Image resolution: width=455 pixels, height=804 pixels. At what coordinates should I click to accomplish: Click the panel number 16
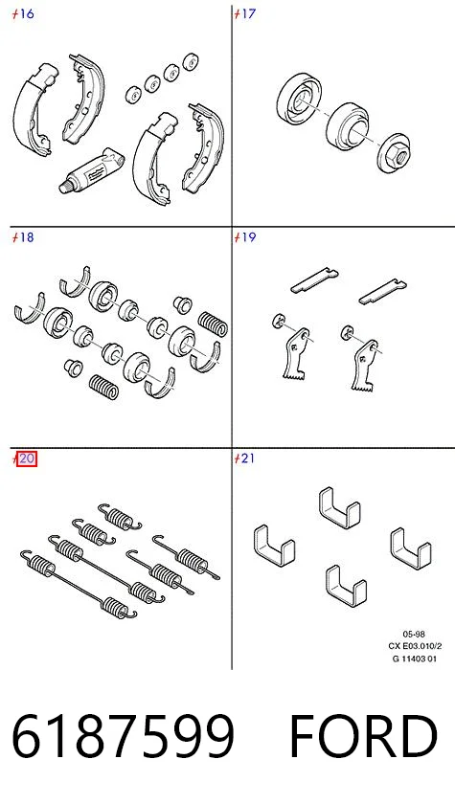[27, 13]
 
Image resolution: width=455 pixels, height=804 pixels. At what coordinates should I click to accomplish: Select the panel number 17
[248, 13]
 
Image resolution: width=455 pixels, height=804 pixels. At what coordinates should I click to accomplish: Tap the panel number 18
[27, 237]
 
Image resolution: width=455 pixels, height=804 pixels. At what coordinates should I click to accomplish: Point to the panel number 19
[248, 237]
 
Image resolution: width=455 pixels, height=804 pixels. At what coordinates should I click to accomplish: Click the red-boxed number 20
[27, 458]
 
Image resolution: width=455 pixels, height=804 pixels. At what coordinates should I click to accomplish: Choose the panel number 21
[248, 458]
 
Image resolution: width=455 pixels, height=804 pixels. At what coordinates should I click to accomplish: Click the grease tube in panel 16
[91, 170]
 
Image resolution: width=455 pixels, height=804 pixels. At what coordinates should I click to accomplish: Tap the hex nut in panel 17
[395, 152]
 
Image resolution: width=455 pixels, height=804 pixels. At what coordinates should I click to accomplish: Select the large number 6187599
[124, 736]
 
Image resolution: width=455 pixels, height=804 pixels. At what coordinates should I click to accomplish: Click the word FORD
[363, 736]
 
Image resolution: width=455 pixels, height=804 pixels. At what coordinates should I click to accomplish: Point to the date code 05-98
[414, 635]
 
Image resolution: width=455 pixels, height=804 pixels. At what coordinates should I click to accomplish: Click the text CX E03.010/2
[415, 646]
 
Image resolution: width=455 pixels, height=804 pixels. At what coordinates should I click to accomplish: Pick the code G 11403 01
[415, 659]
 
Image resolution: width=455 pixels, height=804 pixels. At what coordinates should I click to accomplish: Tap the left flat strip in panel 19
[314, 280]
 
